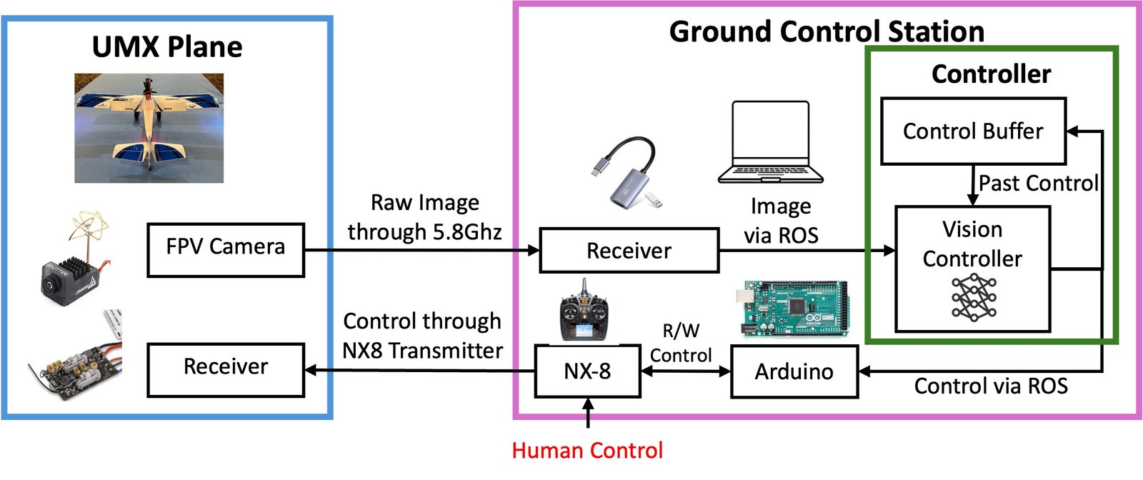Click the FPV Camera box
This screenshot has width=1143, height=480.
(x=226, y=250)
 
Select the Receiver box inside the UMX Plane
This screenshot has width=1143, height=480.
(x=226, y=370)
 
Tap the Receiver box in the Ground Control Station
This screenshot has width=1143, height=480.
(x=629, y=251)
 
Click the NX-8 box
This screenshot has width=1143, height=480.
(x=587, y=371)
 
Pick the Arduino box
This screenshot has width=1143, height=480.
(x=794, y=371)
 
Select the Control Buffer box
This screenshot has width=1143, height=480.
(x=973, y=131)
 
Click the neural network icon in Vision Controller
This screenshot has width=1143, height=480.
(x=974, y=297)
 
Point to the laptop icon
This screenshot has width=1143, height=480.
(x=771, y=142)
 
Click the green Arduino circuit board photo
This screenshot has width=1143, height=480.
(x=793, y=308)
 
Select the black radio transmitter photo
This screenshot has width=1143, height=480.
(x=584, y=311)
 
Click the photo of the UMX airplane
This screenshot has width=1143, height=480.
(x=149, y=128)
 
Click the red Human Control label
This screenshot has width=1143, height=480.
(x=587, y=451)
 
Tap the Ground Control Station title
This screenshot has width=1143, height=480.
(x=827, y=31)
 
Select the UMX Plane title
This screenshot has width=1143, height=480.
(x=167, y=47)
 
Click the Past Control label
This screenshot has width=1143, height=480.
(x=1039, y=183)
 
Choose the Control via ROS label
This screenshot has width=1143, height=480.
(x=991, y=386)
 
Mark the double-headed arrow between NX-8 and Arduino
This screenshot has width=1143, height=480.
(x=686, y=371)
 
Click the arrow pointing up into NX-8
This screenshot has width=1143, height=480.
(x=589, y=413)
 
